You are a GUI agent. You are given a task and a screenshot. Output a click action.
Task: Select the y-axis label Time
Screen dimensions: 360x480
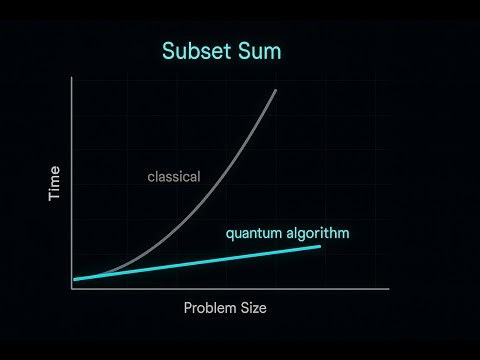click(x=55, y=185)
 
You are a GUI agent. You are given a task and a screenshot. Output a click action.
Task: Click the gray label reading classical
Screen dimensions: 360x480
click(x=174, y=177)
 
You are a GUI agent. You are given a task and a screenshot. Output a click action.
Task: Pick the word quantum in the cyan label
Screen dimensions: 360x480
click(x=254, y=235)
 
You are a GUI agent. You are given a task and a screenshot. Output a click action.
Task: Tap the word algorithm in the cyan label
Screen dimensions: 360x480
click(x=317, y=235)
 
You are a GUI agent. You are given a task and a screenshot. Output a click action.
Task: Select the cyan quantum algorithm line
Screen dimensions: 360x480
click(x=200, y=262)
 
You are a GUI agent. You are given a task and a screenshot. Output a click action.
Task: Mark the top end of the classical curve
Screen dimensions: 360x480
click(x=275, y=90)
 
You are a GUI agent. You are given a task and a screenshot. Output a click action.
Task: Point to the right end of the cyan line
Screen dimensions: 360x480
click(x=320, y=246)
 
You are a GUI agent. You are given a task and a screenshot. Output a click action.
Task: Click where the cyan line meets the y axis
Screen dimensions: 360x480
click(x=74, y=279)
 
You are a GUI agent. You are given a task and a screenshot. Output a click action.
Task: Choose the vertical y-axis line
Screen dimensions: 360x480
click(x=72, y=180)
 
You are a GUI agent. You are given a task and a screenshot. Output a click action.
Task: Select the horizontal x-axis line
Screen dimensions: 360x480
click(x=230, y=288)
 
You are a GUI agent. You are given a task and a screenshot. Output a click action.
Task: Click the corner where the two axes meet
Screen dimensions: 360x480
click(x=72, y=288)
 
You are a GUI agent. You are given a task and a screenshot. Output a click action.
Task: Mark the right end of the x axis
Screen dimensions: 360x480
click(x=388, y=288)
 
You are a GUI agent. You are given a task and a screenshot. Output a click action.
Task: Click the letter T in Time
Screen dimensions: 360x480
click(x=55, y=198)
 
